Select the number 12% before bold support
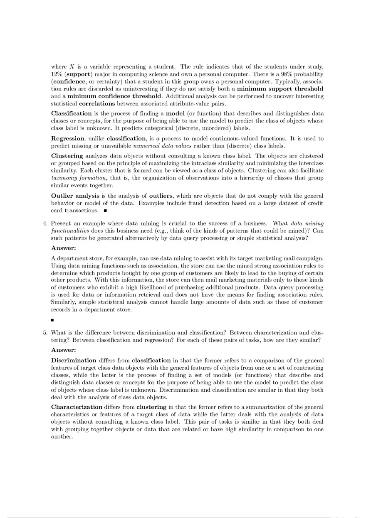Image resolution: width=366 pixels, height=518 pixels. click(57, 74)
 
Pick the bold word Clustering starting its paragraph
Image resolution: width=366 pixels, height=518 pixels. click(67, 156)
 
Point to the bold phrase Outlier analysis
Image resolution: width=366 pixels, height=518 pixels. click(75, 196)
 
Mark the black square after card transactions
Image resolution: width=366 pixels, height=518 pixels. click(106, 211)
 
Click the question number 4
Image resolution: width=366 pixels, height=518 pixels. click(45, 224)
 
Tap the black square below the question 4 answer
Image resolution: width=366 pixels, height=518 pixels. click(52, 320)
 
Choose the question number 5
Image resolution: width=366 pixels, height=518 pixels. click(45, 333)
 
